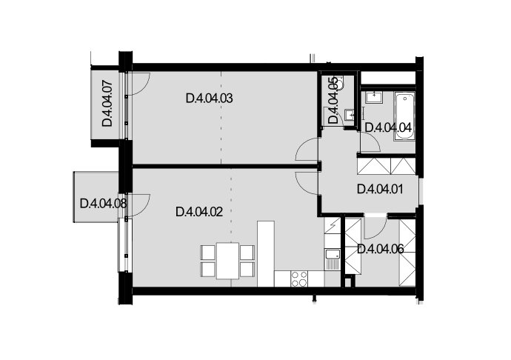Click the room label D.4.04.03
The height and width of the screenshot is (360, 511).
tap(210, 99)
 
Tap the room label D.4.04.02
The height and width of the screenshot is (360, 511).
tap(199, 212)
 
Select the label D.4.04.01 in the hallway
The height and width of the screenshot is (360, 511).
tap(380, 189)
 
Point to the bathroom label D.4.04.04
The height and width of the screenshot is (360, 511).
tap(388, 127)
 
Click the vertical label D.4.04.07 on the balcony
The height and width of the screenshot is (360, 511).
tap(107, 104)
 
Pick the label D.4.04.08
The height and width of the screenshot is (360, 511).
tap(103, 204)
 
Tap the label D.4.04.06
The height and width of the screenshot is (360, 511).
tap(381, 250)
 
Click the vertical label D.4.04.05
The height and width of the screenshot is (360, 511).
tap(333, 100)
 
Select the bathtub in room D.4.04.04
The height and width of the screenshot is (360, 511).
tap(404, 116)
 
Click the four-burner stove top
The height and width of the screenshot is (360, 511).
tap(299, 279)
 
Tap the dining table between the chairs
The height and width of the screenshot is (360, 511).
tap(228, 261)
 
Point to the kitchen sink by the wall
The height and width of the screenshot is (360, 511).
tap(333, 259)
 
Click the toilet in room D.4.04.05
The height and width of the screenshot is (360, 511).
tap(340, 82)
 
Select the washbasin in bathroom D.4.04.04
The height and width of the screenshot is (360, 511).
tap(374, 97)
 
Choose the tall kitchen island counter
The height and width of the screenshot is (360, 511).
tap(266, 253)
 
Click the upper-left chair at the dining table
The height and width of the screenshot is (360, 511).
tap(207, 252)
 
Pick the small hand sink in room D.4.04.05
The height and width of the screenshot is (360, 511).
tap(350, 115)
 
